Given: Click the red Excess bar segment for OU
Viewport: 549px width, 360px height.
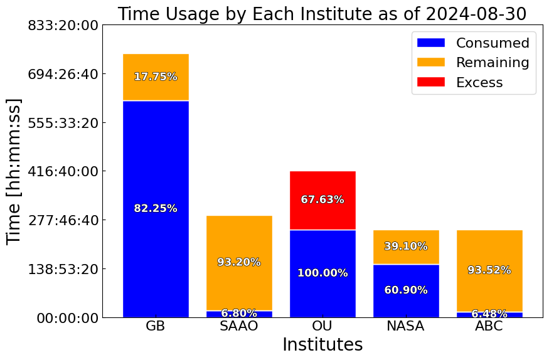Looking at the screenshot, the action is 323,201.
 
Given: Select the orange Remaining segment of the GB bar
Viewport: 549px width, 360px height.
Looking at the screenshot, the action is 156,77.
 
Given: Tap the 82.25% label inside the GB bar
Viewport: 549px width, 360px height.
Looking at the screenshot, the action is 156,208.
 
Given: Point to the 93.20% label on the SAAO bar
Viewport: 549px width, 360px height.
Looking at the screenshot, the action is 239,262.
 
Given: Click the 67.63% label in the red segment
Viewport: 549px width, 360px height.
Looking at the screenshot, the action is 323,199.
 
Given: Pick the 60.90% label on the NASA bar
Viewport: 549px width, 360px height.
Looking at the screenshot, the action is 406,290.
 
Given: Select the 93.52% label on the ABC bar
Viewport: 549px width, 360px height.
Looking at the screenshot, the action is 489,270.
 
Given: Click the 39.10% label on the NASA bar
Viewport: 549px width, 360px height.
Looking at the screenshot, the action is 406,246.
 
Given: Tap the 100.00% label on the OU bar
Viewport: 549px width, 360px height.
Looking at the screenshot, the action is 323,273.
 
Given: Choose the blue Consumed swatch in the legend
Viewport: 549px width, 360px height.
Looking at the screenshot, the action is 431,43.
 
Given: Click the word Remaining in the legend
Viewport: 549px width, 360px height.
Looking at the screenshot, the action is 493,63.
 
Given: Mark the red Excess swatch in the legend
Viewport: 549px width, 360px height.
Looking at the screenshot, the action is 431,82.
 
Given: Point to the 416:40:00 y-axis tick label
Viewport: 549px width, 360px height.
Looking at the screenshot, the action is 63,172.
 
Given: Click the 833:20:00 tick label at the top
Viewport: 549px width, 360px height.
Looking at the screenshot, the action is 63,26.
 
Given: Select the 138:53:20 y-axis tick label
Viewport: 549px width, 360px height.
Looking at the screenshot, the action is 63,270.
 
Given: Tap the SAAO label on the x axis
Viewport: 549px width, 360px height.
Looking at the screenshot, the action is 239,326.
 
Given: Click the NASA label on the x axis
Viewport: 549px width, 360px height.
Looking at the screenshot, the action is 406,326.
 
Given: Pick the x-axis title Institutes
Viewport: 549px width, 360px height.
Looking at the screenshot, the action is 323,344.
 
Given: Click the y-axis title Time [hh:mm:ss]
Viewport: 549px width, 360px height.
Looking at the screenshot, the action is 14,171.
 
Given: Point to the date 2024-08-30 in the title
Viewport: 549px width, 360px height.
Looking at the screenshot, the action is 476,14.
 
